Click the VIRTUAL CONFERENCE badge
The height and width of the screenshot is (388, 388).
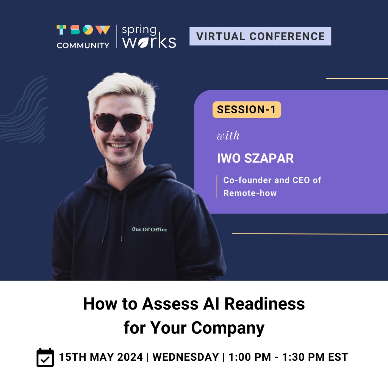pyautogui.click(x=260, y=36)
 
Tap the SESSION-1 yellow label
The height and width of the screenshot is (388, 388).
pyautogui.click(x=247, y=110)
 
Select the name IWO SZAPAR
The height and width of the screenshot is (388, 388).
pyautogui.click(x=255, y=158)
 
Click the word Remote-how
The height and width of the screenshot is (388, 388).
pyautogui.click(x=250, y=193)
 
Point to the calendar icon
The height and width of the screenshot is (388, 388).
pyautogui.click(x=45, y=357)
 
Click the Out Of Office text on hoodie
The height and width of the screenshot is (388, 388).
pyautogui.click(x=149, y=229)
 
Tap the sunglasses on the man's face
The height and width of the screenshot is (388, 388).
pyautogui.click(x=121, y=122)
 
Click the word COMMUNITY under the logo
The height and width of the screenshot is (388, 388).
pyautogui.click(x=83, y=45)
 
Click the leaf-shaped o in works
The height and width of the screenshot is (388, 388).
pyautogui.click(x=144, y=43)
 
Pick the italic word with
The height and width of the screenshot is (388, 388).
pyautogui.click(x=228, y=136)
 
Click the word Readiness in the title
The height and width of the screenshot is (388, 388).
pyautogui.click(x=264, y=304)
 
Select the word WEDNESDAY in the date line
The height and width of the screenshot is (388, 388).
pyautogui.click(x=186, y=357)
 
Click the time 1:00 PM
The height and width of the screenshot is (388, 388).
pyautogui.click(x=250, y=357)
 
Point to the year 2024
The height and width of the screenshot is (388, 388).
pyautogui.click(x=130, y=357)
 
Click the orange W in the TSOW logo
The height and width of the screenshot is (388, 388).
pyautogui.click(x=103, y=30)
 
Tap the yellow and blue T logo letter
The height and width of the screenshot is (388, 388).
pyautogui.click(x=61, y=30)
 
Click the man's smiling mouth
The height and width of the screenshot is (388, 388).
pyautogui.click(x=120, y=145)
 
